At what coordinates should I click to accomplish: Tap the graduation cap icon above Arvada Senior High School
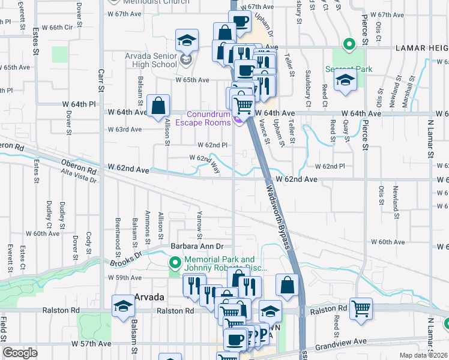(x=187, y=41)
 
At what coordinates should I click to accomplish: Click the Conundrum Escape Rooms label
(x=208, y=119)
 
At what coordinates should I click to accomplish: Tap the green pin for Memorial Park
(x=175, y=262)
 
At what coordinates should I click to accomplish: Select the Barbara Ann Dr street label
(x=197, y=246)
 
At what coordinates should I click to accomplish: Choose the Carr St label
(x=101, y=82)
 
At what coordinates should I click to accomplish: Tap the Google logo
(x=20, y=353)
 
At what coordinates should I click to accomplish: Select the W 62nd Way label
(x=205, y=163)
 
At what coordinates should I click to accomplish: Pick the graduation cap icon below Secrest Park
(x=345, y=81)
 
